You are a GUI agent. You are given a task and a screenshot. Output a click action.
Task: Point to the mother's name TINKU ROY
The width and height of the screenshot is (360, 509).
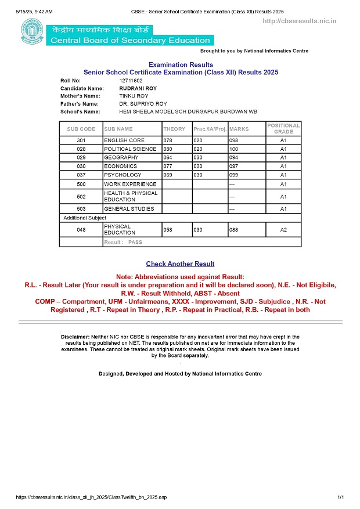click(134, 96)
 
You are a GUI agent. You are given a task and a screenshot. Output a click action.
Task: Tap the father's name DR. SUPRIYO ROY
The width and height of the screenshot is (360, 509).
click(142, 103)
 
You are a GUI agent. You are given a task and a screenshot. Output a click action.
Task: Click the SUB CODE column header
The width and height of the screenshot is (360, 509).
click(81, 129)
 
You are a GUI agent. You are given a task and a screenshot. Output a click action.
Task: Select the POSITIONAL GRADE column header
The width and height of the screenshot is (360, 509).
click(283, 129)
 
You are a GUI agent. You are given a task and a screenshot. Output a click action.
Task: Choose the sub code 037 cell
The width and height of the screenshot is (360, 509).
click(81, 175)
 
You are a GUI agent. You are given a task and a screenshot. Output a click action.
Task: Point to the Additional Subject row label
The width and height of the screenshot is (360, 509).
click(85, 218)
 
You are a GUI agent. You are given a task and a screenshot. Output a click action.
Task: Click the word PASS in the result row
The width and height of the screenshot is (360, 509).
click(135, 242)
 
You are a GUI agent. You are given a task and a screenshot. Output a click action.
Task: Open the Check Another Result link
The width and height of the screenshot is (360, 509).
click(180, 264)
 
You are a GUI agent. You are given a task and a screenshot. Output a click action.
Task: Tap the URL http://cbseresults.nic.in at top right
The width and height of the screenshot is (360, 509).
click(300, 21)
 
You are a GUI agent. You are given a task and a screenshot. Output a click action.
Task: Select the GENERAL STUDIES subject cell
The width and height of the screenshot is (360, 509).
click(129, 209)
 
